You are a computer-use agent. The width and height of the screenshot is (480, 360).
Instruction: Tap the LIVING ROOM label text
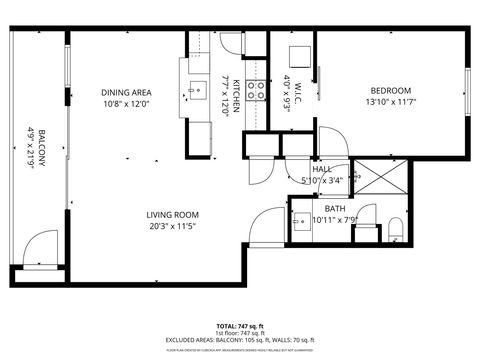pos(172,215)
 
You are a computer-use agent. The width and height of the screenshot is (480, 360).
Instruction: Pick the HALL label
pos(322,169)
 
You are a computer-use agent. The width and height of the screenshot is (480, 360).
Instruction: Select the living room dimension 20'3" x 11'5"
pos(172,227)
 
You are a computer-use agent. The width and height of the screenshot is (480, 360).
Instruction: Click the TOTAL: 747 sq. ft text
pos(239,327)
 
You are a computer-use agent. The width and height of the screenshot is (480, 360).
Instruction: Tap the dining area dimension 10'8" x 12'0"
pos(127,103)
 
